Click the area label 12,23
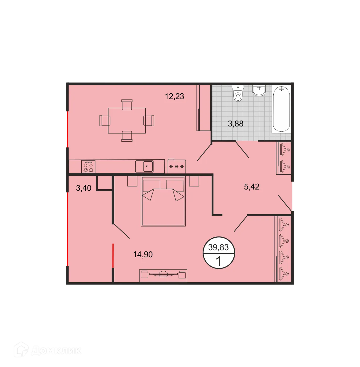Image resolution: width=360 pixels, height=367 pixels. pos(174,96)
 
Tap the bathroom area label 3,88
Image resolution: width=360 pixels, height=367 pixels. pos(235,124)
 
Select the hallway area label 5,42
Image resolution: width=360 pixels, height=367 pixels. pos(252,187)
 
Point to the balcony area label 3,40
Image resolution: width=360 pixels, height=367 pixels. pos(84,188)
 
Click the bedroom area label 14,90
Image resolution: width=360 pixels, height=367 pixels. pos(143,254)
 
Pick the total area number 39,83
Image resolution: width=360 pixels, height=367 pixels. pos(218,248)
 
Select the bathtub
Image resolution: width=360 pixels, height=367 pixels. pos(281,109)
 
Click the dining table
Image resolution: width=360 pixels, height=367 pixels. pos(127,121)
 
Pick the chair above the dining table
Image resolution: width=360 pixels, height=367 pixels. pos(127,104)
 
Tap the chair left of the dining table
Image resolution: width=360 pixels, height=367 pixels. pos(105,121)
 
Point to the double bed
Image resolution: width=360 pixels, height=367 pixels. pos(163,201)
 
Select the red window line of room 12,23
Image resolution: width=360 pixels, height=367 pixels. pos(67,129)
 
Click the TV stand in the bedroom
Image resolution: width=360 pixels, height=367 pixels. pos(163,275)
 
